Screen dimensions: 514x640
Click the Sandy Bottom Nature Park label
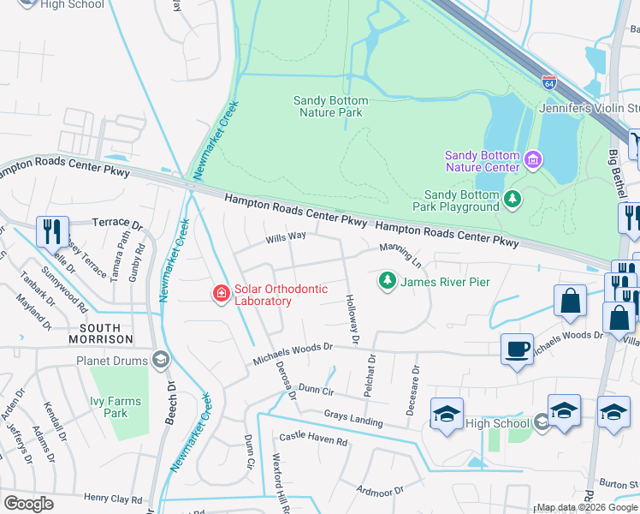click(329, 106)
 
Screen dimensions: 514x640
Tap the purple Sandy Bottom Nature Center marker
click(534, 159)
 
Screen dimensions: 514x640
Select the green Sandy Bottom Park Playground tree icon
click(513, 200)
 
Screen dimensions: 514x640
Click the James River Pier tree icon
click(388, 280)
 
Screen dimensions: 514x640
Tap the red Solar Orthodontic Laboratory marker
click(222, 294)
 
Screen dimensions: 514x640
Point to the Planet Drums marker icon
click(160, 360)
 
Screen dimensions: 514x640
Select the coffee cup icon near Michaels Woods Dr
click(517, 350)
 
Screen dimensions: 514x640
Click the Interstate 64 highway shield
click(548, 82)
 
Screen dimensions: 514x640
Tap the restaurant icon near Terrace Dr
click(52, 231)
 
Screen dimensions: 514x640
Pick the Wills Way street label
click(286, 236)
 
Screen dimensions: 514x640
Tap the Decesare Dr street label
click(414, 390)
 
